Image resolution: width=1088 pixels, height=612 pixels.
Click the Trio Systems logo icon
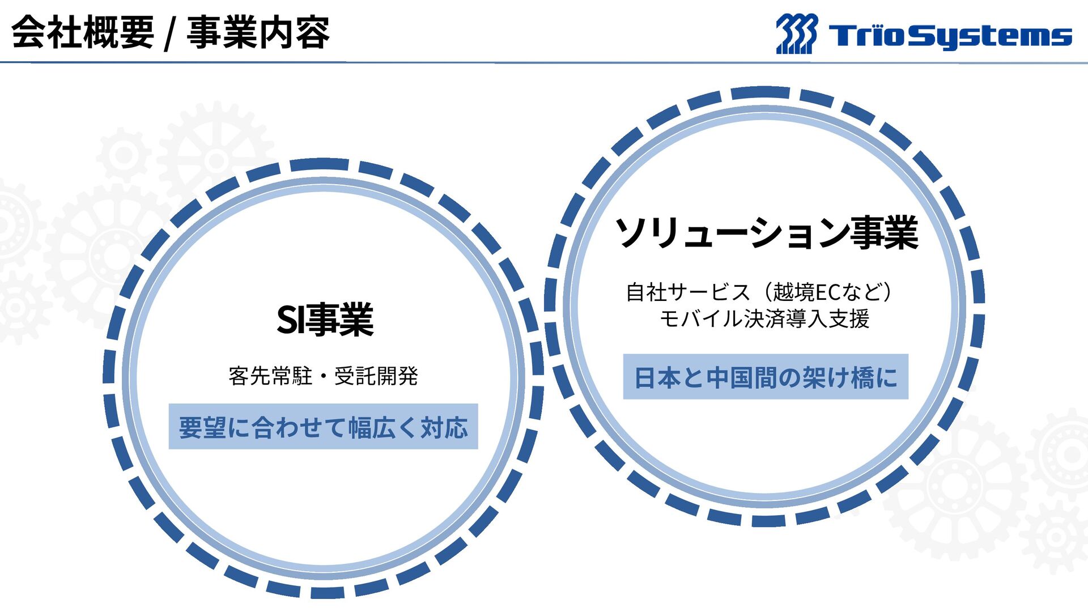[x=797, y=34]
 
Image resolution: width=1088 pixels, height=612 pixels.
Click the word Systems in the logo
[x=992, y=36]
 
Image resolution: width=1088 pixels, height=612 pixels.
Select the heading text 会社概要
[x=83, y=32]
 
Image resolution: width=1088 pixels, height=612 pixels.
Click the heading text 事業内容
[x=258, y=32]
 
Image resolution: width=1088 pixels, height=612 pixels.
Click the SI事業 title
[x=325, y=320]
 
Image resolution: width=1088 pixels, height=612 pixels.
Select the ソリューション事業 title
[x=766, y=233]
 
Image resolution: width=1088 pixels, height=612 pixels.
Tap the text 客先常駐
[x=270, y=376]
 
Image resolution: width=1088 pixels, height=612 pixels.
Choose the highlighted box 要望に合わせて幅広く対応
[x=323, y=427]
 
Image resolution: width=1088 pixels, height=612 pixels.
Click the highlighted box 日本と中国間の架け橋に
[x=766, y=377]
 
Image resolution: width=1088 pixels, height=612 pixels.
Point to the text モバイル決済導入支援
[x=764, y=318]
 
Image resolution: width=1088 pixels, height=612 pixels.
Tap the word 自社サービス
[x=688, y=292]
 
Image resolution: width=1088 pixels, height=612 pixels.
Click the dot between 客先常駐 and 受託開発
[x=324, y=376]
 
